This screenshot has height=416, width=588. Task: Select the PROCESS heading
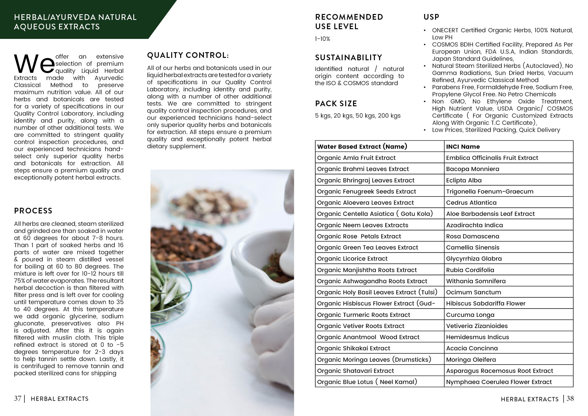pos(33,211)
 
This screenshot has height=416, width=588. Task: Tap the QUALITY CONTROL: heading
pos(188,55)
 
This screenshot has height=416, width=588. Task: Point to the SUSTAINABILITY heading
pos(349,58)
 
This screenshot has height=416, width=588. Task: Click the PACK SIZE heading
pos(336,104)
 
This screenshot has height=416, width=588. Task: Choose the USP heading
pos(431,17)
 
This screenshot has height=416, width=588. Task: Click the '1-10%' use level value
pos(322,39)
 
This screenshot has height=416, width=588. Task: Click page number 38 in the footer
pos(570,399)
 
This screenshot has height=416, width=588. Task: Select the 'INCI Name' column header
pos(463,147)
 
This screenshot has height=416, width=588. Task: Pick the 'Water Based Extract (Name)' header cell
pos(362,147)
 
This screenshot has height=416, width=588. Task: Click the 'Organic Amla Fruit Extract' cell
pos(356,158)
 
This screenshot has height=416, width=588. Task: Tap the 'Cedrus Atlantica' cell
pos(471,203)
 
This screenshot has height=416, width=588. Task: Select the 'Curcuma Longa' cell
pos(470,315)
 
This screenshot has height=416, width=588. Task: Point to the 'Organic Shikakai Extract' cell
pos(354,348)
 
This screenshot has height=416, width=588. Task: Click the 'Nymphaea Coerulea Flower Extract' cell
pos(499,382)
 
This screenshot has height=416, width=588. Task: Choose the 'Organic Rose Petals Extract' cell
pos(359,236)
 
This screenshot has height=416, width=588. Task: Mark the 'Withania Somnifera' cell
pos(476,281)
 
